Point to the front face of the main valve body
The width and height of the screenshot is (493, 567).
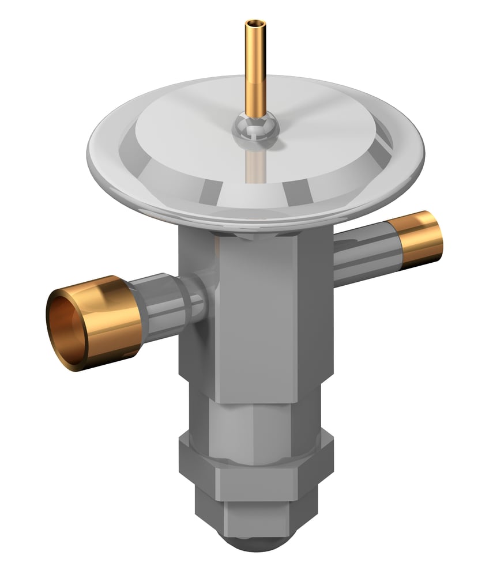254,317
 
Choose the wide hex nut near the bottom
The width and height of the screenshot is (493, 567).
254,472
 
